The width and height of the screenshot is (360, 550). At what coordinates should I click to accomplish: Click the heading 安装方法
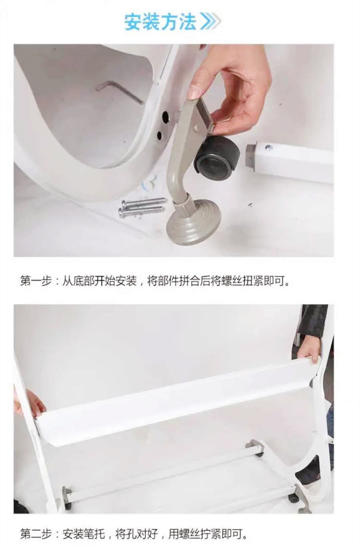160,22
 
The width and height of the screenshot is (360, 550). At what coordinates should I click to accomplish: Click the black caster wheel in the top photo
217,158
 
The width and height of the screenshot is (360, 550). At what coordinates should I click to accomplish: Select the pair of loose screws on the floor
142,207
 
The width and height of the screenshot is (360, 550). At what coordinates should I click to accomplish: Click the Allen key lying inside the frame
120,91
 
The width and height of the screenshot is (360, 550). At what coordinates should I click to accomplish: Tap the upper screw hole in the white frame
166,117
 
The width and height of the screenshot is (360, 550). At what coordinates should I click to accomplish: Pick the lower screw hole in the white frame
160,135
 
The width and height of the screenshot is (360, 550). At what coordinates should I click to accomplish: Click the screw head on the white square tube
269,148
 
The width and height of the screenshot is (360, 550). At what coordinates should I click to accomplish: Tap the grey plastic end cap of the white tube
251,156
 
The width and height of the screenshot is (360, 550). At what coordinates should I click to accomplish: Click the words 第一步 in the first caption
36,281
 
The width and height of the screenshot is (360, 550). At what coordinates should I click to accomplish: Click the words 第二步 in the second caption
36,534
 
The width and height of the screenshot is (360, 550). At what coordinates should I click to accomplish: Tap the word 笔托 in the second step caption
94,534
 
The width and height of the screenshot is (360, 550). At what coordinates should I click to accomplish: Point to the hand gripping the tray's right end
309,349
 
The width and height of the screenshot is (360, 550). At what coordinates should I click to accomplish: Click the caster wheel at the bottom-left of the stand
67,498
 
